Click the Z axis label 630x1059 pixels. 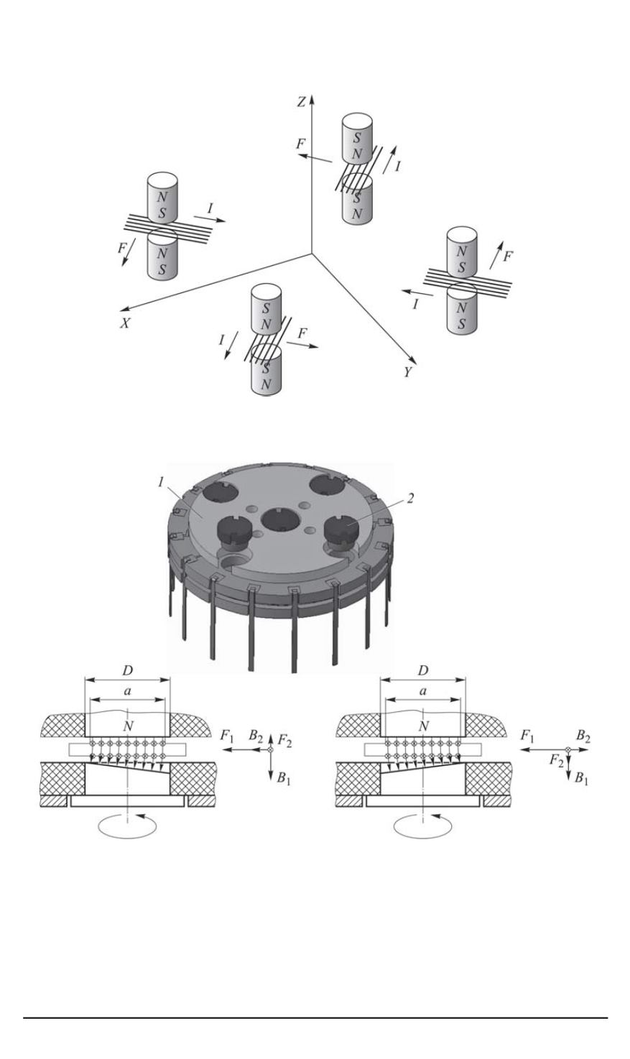(302, 102)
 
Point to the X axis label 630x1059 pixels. (124, 323)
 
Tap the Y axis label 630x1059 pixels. (407, 374)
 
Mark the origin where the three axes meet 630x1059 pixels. (311, 253)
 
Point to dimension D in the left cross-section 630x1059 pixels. (127, 670)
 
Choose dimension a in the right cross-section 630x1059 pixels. (423, 691)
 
